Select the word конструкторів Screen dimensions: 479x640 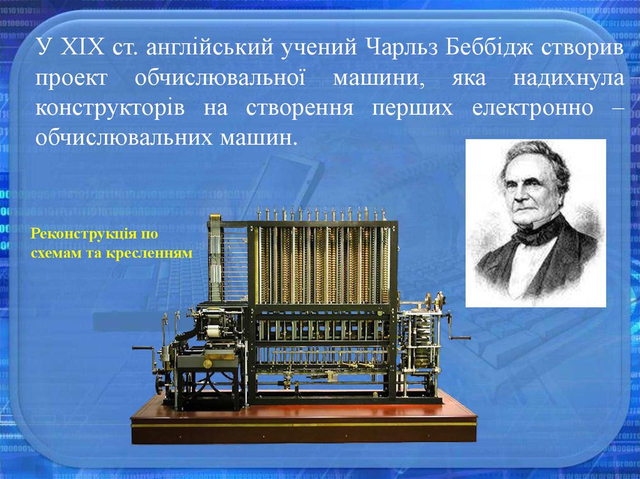(x=110, y=107)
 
